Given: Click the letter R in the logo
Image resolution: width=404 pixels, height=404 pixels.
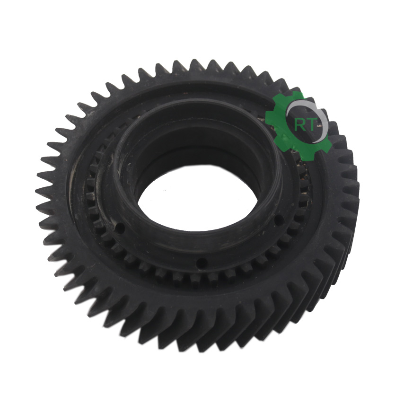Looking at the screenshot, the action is pyautogui.click(x=299, y=125).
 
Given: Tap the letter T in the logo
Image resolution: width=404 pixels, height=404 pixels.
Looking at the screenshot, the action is pyautogui.click(x=310, y=125).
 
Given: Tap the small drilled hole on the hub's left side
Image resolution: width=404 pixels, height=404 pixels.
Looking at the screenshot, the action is pyautogui.click(x=120, y=227).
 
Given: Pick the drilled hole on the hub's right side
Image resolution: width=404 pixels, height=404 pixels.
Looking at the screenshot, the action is pyautogui.click(x=278, y=219).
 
